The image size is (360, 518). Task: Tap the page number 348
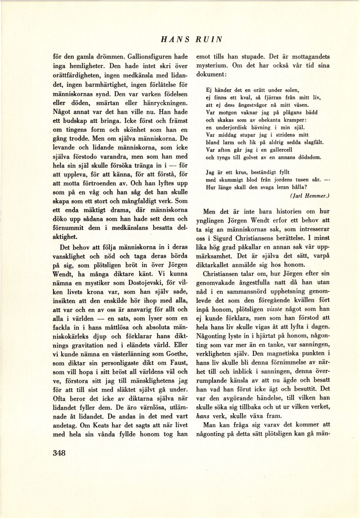point(60,453)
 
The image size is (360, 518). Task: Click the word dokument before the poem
point(211,74)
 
